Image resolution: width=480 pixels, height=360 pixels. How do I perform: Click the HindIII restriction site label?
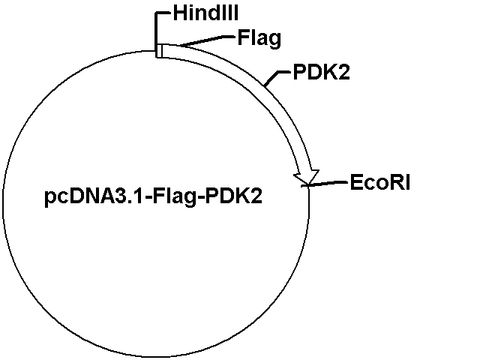pos(205,13)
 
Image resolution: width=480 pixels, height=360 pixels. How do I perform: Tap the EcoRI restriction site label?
pos(380,182)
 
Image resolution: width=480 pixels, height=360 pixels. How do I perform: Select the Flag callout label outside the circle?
pos(259,38)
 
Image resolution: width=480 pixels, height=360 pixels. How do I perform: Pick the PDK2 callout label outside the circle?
pos(322,72)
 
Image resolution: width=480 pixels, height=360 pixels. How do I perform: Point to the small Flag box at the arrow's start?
pos(159,51)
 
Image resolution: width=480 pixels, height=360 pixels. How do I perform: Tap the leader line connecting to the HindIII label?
pos(157,28)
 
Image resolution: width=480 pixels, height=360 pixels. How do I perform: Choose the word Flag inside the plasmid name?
pos(174,196)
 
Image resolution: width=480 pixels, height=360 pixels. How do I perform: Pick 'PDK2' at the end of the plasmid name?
pos(233,196)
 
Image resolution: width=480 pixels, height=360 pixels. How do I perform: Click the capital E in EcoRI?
pos(356,182)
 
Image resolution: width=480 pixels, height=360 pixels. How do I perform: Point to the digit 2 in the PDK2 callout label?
pos(343,72)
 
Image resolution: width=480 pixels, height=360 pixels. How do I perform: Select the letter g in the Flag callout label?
pos(274,40)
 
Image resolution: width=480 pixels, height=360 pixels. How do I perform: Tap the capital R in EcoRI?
pos(398,182)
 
